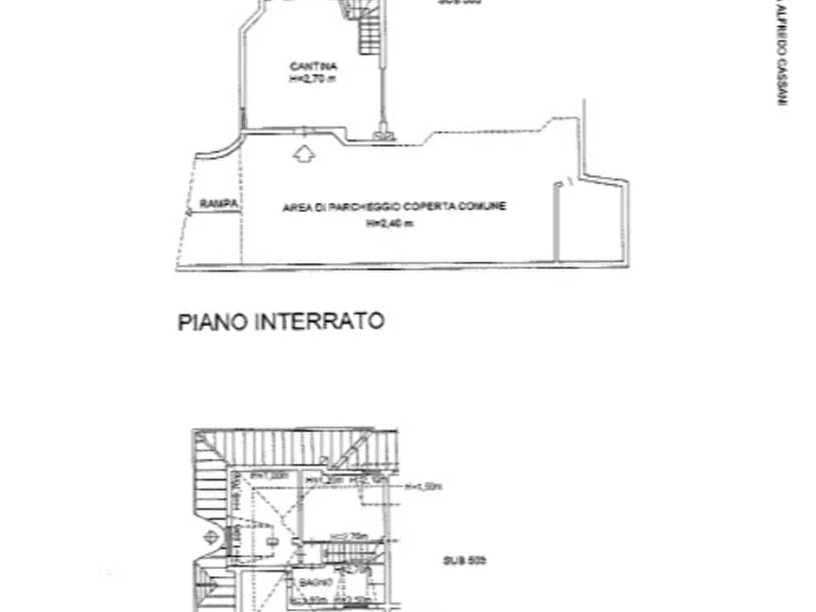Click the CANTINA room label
coord(313,67)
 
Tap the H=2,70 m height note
coord(313,79)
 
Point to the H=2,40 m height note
coord(389,223)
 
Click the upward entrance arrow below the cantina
coord(304,153)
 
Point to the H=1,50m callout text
coord(424,486)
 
